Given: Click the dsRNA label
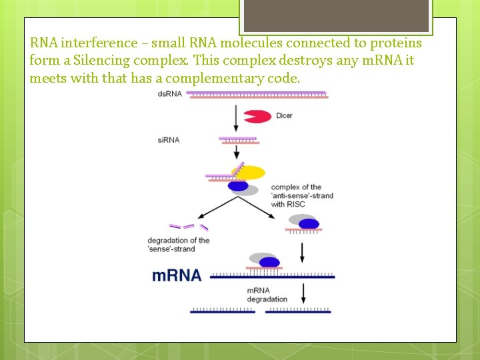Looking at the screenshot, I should (x=170, y=94).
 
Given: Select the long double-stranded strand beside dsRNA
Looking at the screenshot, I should (x=258, y=95).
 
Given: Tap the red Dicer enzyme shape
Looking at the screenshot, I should (x=257, y=116).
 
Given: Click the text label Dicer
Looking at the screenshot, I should (x=284, y=116).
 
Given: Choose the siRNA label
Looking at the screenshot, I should (x=169, y=140).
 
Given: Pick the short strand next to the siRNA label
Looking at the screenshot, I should (x=238, y=140).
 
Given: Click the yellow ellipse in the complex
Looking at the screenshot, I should (x=249, y=173).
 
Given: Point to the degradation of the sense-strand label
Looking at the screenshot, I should (x=179, y=245).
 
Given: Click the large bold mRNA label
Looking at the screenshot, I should (x=177, y=275).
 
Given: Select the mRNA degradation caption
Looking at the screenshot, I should (x=267, y=295).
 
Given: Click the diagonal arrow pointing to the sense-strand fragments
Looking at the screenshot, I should (x=215, y=207).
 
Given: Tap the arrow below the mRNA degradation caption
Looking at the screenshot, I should (x=304, y=294).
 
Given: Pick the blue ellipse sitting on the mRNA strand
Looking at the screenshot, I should (x=269, y=262).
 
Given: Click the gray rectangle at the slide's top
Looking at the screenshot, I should (x=336, y=15).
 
